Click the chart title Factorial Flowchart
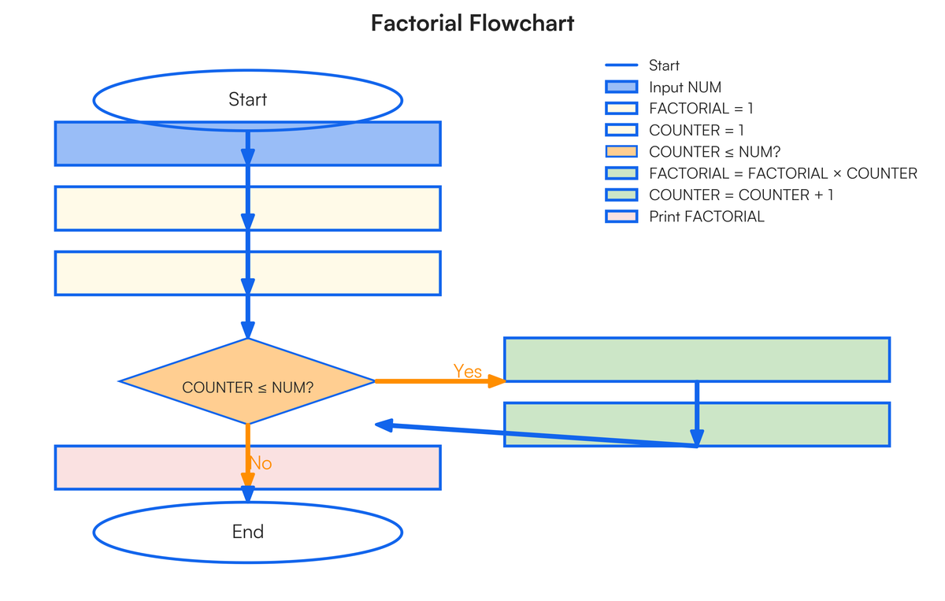coord(472,24)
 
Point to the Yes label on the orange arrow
coord(468,371)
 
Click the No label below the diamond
coord(261,463)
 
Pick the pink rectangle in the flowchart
coord(142,467)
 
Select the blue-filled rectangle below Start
coord(142,143)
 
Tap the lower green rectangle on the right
coord(598,425)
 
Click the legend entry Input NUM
coord(684,87)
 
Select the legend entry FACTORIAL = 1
coord(701,109)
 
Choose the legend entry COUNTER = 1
coord(696,130)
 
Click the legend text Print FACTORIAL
coord(706,217)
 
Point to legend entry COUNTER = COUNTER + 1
coord(740,195)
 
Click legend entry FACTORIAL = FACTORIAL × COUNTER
coord(783,173)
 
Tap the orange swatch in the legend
coord(621,152)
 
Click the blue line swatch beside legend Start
coord(621,65)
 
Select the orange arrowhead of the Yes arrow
coord(496,381)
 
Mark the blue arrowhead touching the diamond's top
coord(247,331)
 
